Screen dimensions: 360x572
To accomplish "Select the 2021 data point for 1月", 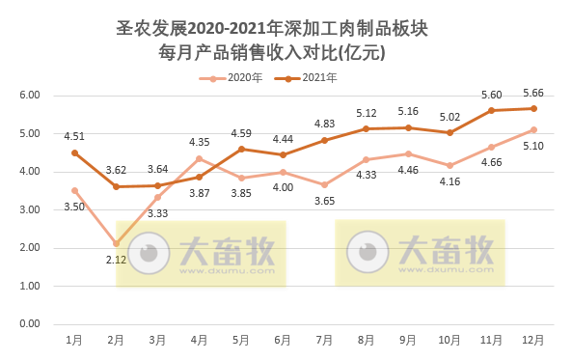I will pos(74,152).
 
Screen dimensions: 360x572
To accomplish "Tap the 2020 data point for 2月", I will pos(116,243).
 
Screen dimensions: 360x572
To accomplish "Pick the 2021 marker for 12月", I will pos(533,108).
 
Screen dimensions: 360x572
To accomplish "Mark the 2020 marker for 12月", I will pos(533,129).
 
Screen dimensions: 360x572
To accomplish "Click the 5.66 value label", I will pos(533,93).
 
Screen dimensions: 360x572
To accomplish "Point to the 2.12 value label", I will pos(116,260).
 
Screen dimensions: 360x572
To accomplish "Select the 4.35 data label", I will pos(200,143).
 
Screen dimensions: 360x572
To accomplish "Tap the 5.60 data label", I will pos(492,95).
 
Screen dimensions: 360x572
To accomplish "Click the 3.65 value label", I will pos(325,200).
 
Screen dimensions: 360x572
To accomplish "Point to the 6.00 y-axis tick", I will pos(30,96).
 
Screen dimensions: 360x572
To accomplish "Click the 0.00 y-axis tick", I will pos(30,323).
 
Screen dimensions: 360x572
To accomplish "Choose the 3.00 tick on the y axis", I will pos(30,209).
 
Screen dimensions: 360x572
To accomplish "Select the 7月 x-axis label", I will pos(325,340).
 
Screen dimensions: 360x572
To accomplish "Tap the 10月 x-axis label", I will pos(450,340).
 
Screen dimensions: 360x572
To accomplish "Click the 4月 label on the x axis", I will pos(200,340).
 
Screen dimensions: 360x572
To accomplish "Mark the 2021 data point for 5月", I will pos(241,149).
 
